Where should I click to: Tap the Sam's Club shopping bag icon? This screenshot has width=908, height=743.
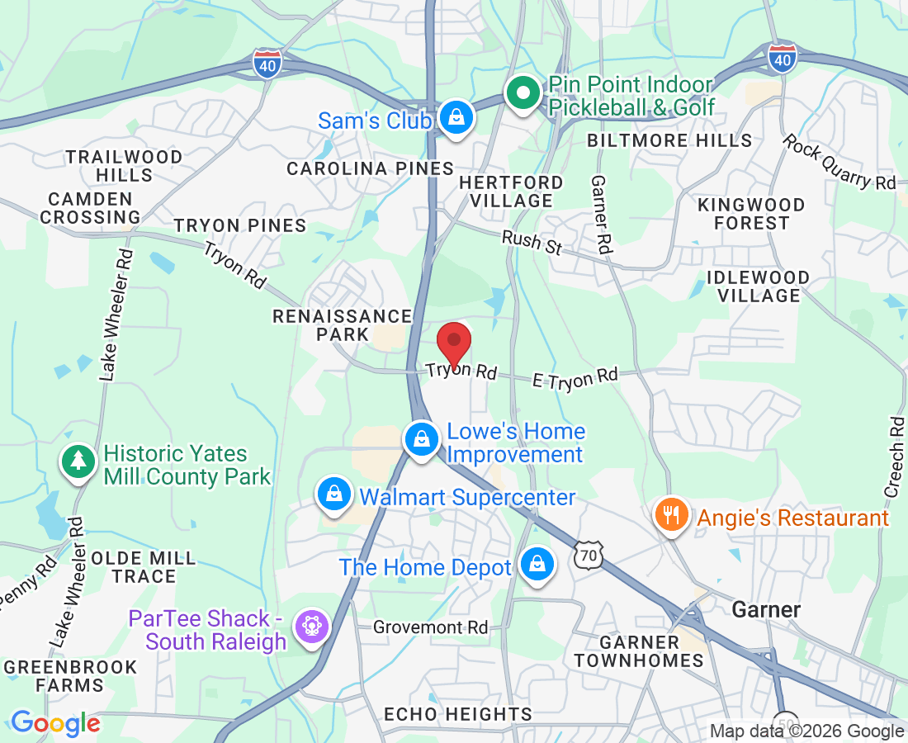(455, 119)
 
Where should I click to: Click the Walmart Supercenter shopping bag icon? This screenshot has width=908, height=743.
(334, 495)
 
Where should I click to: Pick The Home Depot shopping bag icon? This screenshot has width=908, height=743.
(537, 566)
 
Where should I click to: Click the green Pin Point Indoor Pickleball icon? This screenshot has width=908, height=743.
(522, 94)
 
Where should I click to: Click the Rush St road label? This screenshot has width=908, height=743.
(533, 242)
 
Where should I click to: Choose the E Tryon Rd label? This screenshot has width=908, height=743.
(575, 377)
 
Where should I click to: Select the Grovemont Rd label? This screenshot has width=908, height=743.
(430, 627)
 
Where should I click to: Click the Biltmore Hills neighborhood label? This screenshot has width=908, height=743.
(669, 140)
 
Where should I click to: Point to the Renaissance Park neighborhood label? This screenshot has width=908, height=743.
(343, 325)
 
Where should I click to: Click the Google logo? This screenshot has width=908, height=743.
(55, 724)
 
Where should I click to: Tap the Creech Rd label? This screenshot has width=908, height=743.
(896, 457)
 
